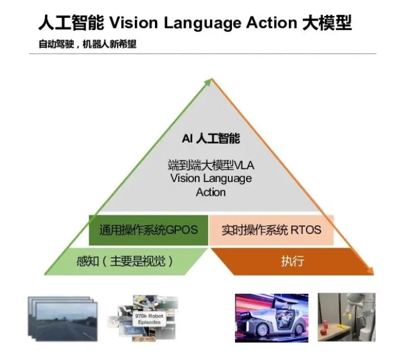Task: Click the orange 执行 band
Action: (x=288, y=261)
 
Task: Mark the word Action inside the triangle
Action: (x=211, y=192)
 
